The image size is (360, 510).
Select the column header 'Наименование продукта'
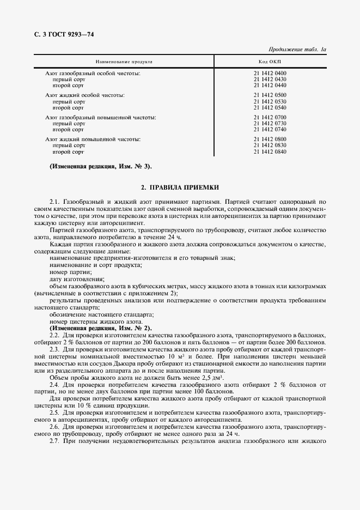[124, 62]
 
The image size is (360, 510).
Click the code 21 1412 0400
[270, 73]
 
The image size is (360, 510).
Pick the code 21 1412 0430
[270, 79]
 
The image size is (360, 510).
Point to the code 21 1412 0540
[270, 107]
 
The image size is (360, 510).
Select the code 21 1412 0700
[270, 117]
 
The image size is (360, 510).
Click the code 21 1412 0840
[270, 152]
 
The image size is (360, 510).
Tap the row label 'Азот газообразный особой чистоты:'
[93, 73]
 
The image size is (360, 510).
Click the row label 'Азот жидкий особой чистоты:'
[84, 95]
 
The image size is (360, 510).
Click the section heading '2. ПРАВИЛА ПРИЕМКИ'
[180, 187]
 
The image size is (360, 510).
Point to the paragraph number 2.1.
[54, 201]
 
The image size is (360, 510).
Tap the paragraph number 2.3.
[54, 349]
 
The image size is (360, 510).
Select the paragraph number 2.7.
[54, 440]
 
